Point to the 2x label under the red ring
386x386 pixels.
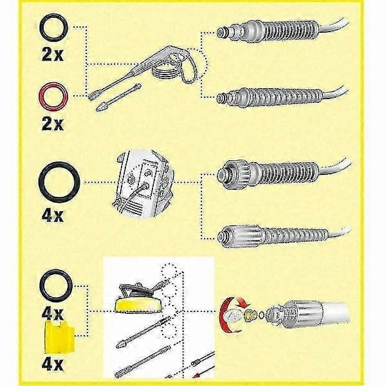point(53,124)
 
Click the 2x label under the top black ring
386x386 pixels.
point(53,54)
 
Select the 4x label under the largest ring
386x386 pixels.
point(53,216)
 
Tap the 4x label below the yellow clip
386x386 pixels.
point(53,364)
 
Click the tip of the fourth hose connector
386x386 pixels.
point(221,237)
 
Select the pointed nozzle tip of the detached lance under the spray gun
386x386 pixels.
point(100,107)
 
